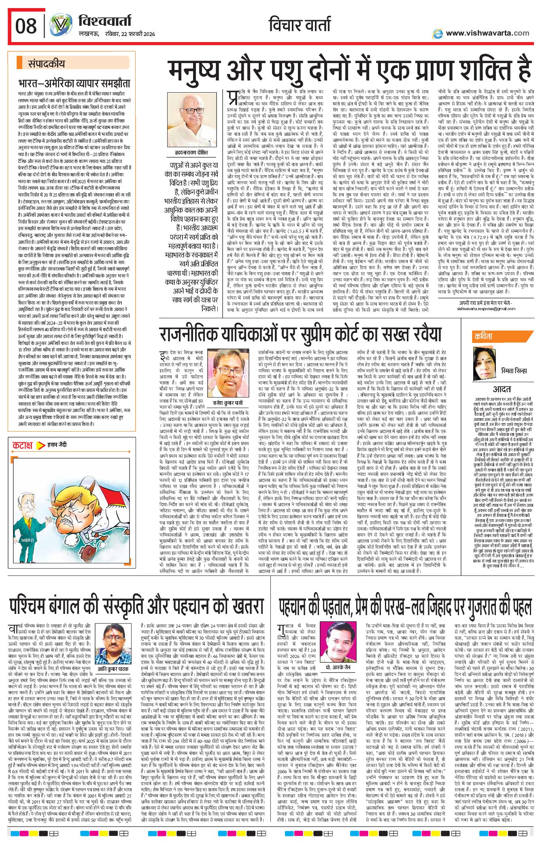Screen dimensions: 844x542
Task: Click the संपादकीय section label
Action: click(46, 63)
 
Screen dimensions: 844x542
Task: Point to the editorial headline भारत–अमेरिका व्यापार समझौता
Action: click(74, 83)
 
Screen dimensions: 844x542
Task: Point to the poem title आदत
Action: click(502, 389)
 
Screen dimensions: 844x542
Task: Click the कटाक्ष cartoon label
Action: click(22, 445)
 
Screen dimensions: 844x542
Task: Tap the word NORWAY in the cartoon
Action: click(28, 540)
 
